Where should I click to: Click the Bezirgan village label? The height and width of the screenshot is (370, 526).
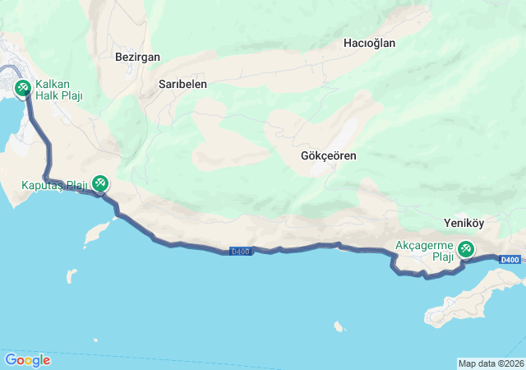(x=138, y=58)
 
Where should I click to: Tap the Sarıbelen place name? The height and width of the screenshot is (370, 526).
(x=182, y=84)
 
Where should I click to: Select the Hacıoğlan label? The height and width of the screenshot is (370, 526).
(x=370, y=43)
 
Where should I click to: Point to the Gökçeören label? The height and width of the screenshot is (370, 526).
(x=329, y=155)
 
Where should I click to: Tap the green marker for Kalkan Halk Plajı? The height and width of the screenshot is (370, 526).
(x=22, y=86)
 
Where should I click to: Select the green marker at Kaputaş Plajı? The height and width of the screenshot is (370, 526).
(x=100, y=182)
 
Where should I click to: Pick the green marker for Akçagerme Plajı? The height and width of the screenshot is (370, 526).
(x=466, y=247)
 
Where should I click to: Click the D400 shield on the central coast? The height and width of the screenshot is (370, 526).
(x=240, y=251)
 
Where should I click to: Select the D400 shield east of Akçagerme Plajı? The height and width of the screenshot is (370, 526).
(x=510, y=260)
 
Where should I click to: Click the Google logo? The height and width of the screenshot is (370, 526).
(x=27, y=359)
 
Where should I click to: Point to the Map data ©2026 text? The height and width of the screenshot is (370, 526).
(x=490, y=363)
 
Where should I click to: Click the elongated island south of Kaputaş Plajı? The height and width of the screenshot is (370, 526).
(x=96, y=234)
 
